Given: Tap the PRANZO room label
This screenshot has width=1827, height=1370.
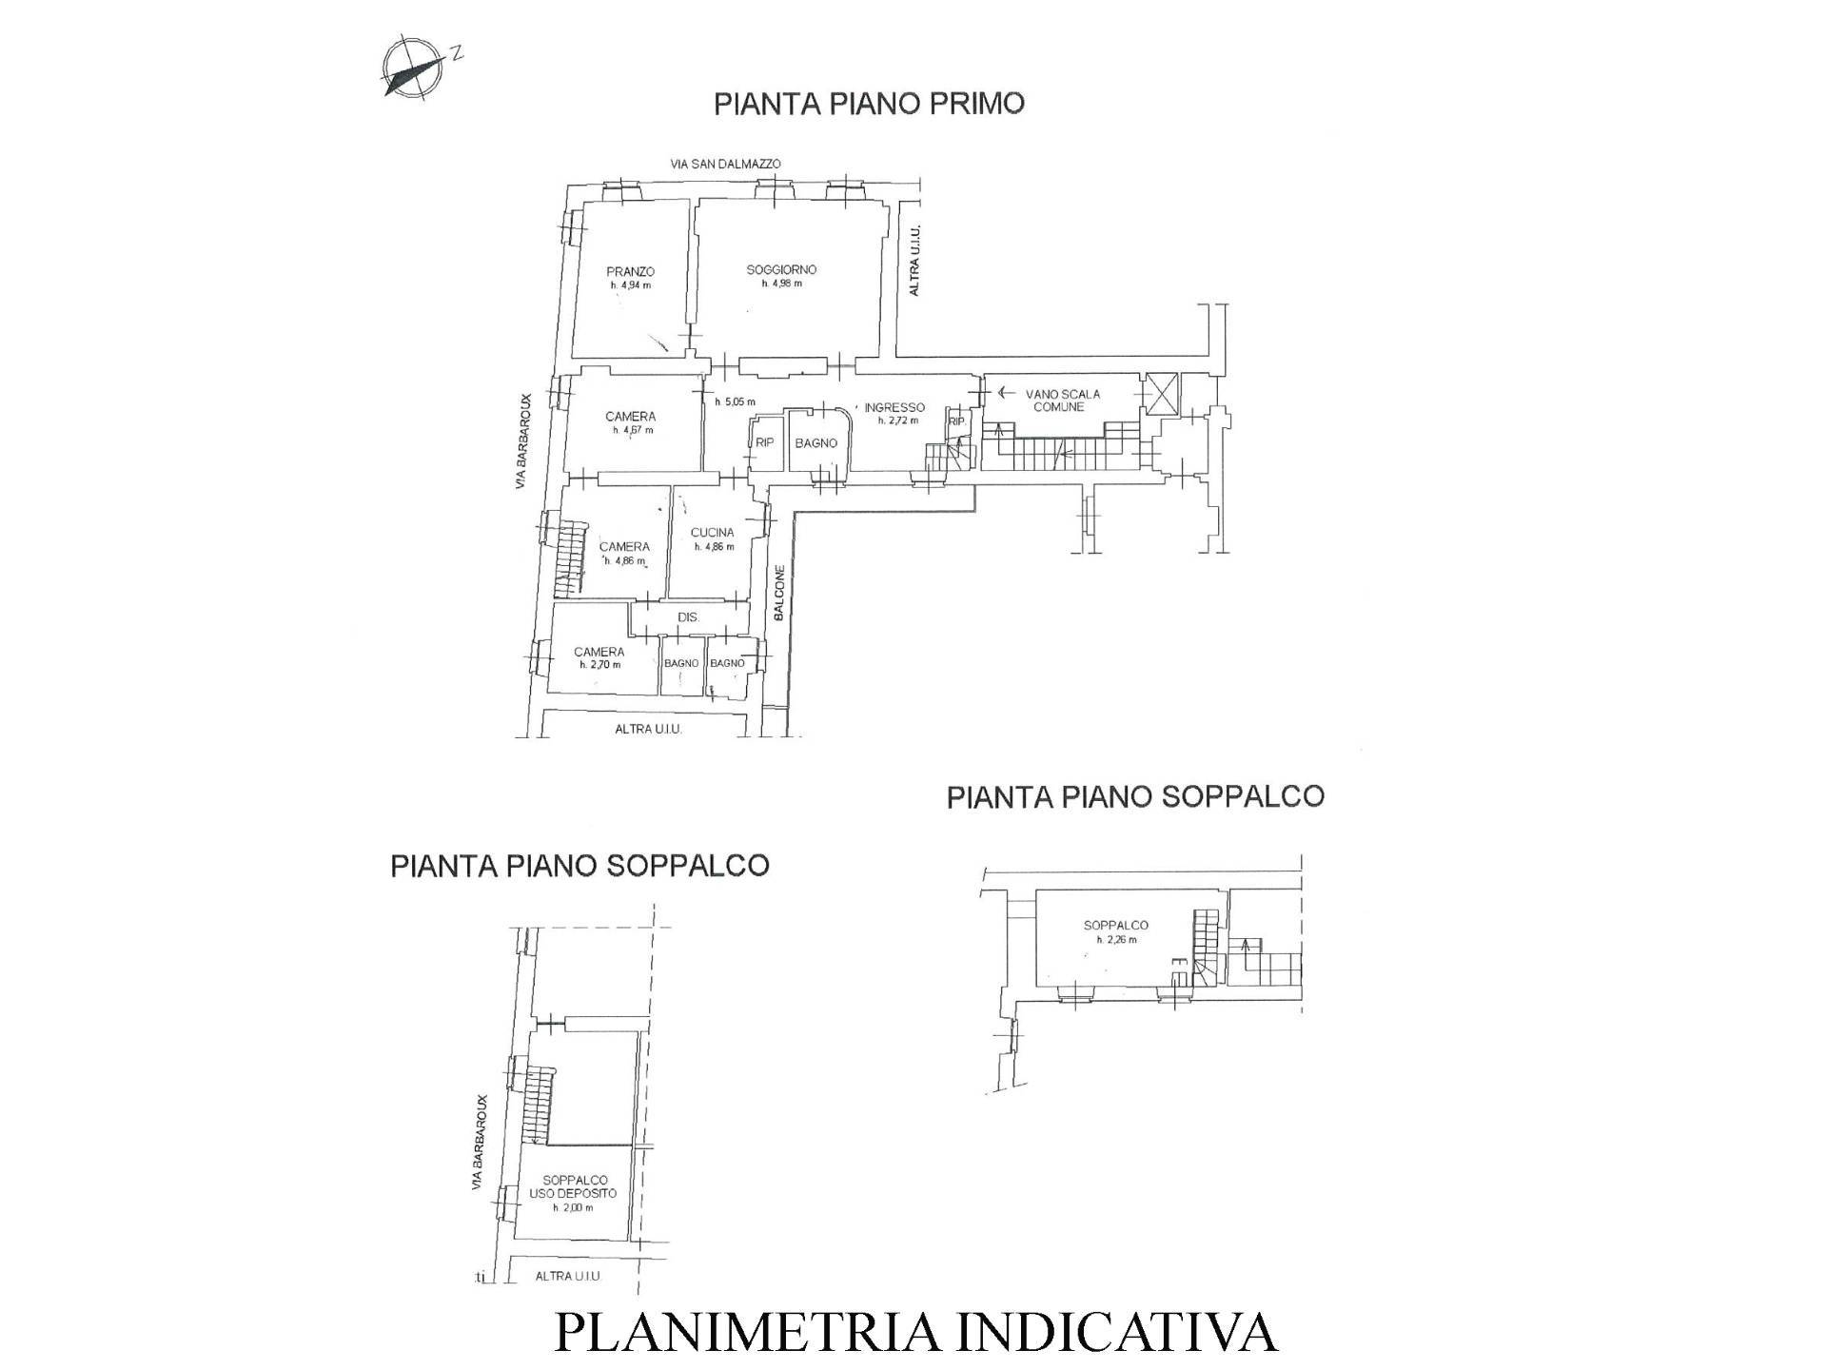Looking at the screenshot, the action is (630, 271).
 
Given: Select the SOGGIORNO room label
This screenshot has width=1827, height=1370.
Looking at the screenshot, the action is (781, 269).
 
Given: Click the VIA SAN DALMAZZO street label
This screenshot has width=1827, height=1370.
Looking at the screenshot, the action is (725, 164).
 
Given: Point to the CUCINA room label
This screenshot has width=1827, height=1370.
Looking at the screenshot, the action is (713, 533).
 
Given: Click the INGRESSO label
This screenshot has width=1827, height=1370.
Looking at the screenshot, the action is (894, 407).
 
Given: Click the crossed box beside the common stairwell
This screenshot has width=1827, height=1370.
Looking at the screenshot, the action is (1161, 394).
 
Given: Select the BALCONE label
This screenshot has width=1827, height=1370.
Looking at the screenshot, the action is (778, 594).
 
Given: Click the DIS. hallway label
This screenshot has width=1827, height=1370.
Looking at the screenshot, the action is (688, 617).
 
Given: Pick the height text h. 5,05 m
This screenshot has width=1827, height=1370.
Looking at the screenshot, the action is (735, 401).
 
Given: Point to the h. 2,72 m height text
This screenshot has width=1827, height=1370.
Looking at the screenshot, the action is (897, 421).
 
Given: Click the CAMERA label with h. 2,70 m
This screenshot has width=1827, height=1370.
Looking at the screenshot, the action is (599, 652).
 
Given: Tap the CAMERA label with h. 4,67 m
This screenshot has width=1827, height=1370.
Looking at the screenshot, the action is (630, 417).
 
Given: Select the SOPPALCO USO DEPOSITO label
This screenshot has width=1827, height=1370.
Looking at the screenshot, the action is (573, 1186).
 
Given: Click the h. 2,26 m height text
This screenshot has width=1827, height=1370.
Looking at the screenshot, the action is (1116, 940).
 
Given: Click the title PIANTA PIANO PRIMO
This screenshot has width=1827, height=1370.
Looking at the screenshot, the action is (869, 103).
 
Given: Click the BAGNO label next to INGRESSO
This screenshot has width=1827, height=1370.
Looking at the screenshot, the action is (816, 443).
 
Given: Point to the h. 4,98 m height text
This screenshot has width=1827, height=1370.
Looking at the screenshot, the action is (781, 283).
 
